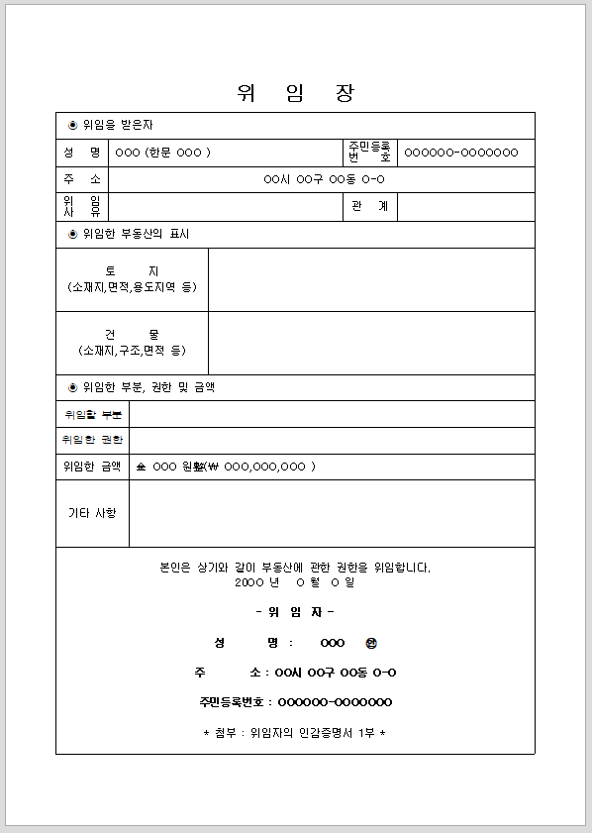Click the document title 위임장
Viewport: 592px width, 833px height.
click(x=295, y=94)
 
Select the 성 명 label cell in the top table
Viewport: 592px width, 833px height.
click(x=82, y=153)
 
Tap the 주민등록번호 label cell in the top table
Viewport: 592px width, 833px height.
click(x=368, y=153)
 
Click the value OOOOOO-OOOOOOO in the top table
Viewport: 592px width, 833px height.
click(x=461, y=153)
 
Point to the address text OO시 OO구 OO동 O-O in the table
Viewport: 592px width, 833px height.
click(x=324, y=179)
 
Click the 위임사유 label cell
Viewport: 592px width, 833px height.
click(x=82, y=206)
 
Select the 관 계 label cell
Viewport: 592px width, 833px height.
click(x=368, y=206)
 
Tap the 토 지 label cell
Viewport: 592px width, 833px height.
click(x=132, y=278)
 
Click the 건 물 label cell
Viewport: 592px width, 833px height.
click(x=132, y=342)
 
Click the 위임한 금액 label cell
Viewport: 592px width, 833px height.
click(x=92, y=467)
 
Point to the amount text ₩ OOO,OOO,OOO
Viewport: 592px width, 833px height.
click(x=262, y=467)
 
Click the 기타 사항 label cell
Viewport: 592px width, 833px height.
click(x=92, y=513)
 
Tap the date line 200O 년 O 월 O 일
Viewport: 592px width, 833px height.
click(x=295, y=582)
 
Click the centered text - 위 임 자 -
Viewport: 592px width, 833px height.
click(x=295, y=612)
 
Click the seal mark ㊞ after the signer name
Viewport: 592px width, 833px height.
click(x=371, y=643)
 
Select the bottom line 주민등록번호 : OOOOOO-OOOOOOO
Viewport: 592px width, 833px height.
click(x=295, y=703)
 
